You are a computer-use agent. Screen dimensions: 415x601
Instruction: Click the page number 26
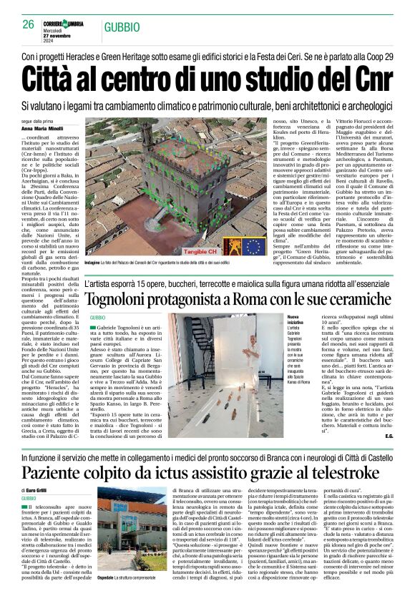(x=29, y=24)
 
